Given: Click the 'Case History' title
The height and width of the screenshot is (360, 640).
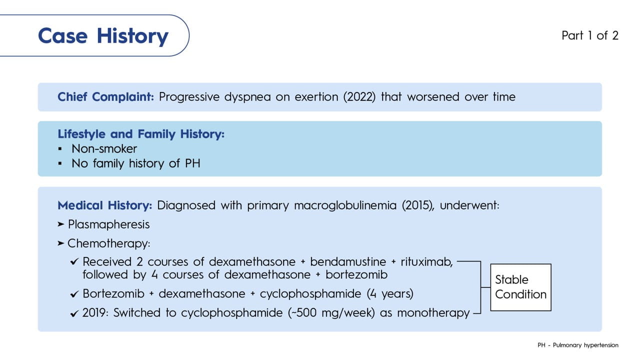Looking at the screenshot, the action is (103, 36).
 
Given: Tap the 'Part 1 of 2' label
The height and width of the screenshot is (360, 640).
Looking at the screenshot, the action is (589, 35).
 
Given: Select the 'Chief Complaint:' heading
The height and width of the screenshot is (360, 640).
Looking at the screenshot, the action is (105, 97).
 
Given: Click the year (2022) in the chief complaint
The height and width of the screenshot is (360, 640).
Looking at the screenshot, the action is (359, 97).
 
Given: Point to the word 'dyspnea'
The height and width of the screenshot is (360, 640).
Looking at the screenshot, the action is (247, 97).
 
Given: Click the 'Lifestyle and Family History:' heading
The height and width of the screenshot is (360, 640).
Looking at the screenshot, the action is (141, 134).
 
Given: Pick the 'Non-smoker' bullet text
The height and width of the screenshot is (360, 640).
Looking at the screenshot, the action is (104, 149).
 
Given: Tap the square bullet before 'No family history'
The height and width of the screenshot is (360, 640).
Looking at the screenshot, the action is (60, 163).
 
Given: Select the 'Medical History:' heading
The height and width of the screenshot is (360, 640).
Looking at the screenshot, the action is (105, 205).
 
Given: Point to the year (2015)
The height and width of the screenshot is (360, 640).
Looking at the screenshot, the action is (417, 205).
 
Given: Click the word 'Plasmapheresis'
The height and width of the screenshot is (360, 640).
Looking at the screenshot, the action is (109, 224).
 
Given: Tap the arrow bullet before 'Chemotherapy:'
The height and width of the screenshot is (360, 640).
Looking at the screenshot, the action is (61, 243).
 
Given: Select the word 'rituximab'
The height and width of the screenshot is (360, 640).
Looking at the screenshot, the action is (426, 262).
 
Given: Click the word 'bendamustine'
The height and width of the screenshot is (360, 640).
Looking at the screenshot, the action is (348, 262).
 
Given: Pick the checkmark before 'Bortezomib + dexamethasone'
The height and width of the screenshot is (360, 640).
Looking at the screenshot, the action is (74, 294).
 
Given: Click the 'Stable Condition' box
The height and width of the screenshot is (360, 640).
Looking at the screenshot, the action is (520, 287).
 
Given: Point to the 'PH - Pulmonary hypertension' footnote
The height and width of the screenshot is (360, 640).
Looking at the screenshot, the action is (577, 345).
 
